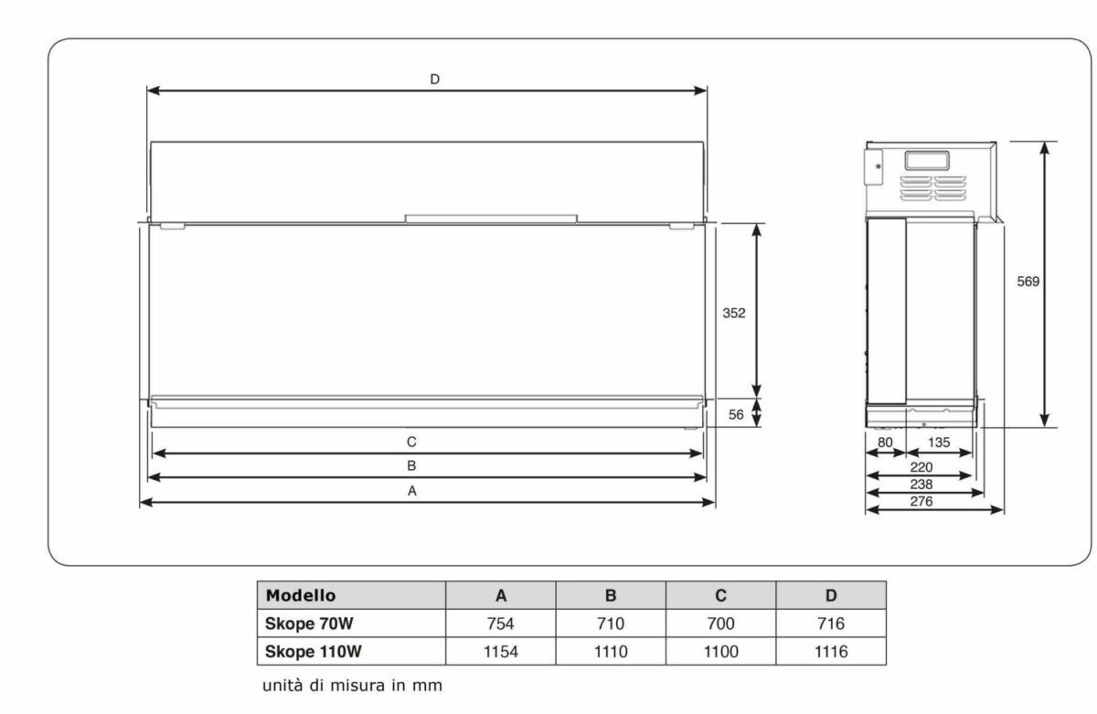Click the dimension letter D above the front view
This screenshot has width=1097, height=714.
click(434, 80)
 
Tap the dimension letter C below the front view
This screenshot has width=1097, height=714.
click(411, 442)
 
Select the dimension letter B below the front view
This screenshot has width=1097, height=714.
click(411, 465)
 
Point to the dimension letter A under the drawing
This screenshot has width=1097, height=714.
click(412, 491)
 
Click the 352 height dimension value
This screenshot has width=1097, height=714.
click(733, 313)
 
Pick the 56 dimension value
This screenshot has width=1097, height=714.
click(736, 415)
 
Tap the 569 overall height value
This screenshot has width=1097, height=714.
click(1028, 282)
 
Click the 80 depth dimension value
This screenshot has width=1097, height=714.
click(885, 442)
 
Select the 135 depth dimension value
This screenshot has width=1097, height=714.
click(939, 442)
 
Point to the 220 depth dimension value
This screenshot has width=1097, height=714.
click(921, 467)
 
